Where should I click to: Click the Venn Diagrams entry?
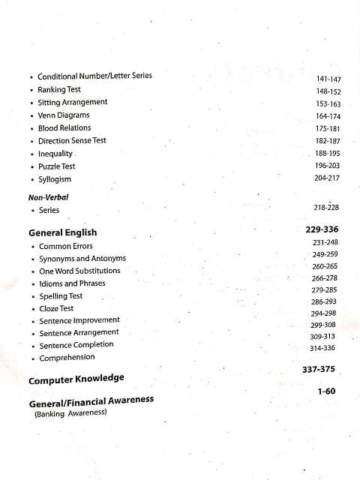tap(64, 115)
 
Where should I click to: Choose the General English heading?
tap(62, 232)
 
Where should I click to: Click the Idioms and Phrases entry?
tap(72, 283)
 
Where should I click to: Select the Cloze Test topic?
tap(56, 308)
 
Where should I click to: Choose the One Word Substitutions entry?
tap(79, 271)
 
